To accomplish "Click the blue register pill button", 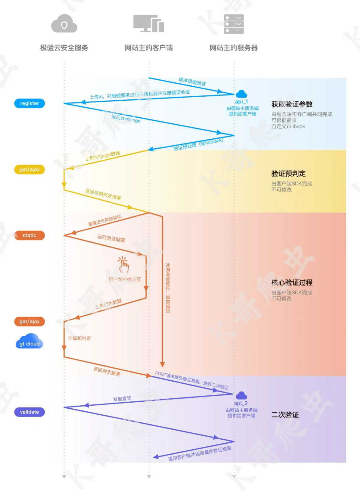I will (x=29, y=103).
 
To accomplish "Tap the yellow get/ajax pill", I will (x=29, y=169).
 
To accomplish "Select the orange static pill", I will (x=29, y=235).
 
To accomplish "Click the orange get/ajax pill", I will (x=29, y=321).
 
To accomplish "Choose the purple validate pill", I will (x=29, y=412).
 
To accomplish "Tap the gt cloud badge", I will (x=29, y=342).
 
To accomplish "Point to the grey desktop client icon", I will (x=149, y=23).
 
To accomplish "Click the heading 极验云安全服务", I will (x=64, y=48).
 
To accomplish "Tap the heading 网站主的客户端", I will (x=149, y=48).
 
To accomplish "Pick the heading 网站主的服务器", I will (x=234, y=48).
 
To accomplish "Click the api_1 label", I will (x=242, y=102).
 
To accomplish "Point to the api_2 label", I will (x=241, y=403).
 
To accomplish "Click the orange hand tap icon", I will (x=123, y=265).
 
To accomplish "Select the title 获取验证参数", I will (x=292, y=104).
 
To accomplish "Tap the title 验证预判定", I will (x=288, y=174).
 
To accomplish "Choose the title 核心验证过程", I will (x=292, y=282).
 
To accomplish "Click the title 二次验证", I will (x=285, y=415).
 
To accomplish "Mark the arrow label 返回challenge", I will (x=126, y=119).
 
